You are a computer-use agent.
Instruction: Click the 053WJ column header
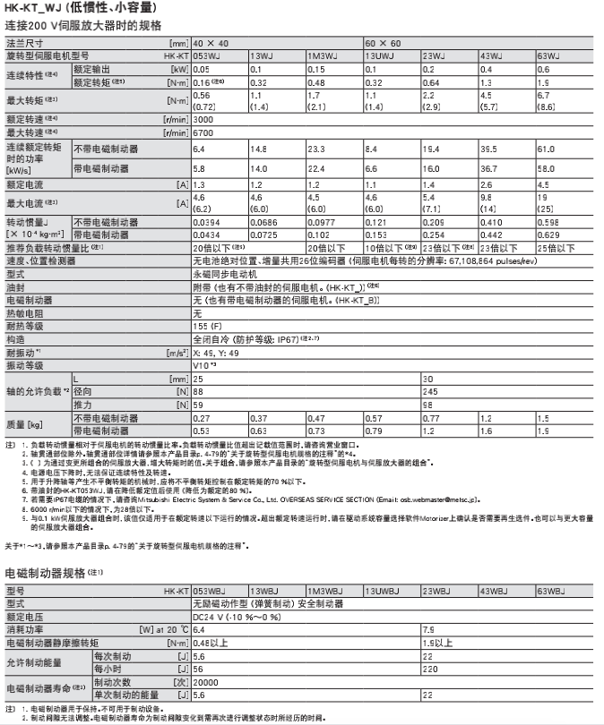point(206,55)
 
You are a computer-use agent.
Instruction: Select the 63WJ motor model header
point(549,55)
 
